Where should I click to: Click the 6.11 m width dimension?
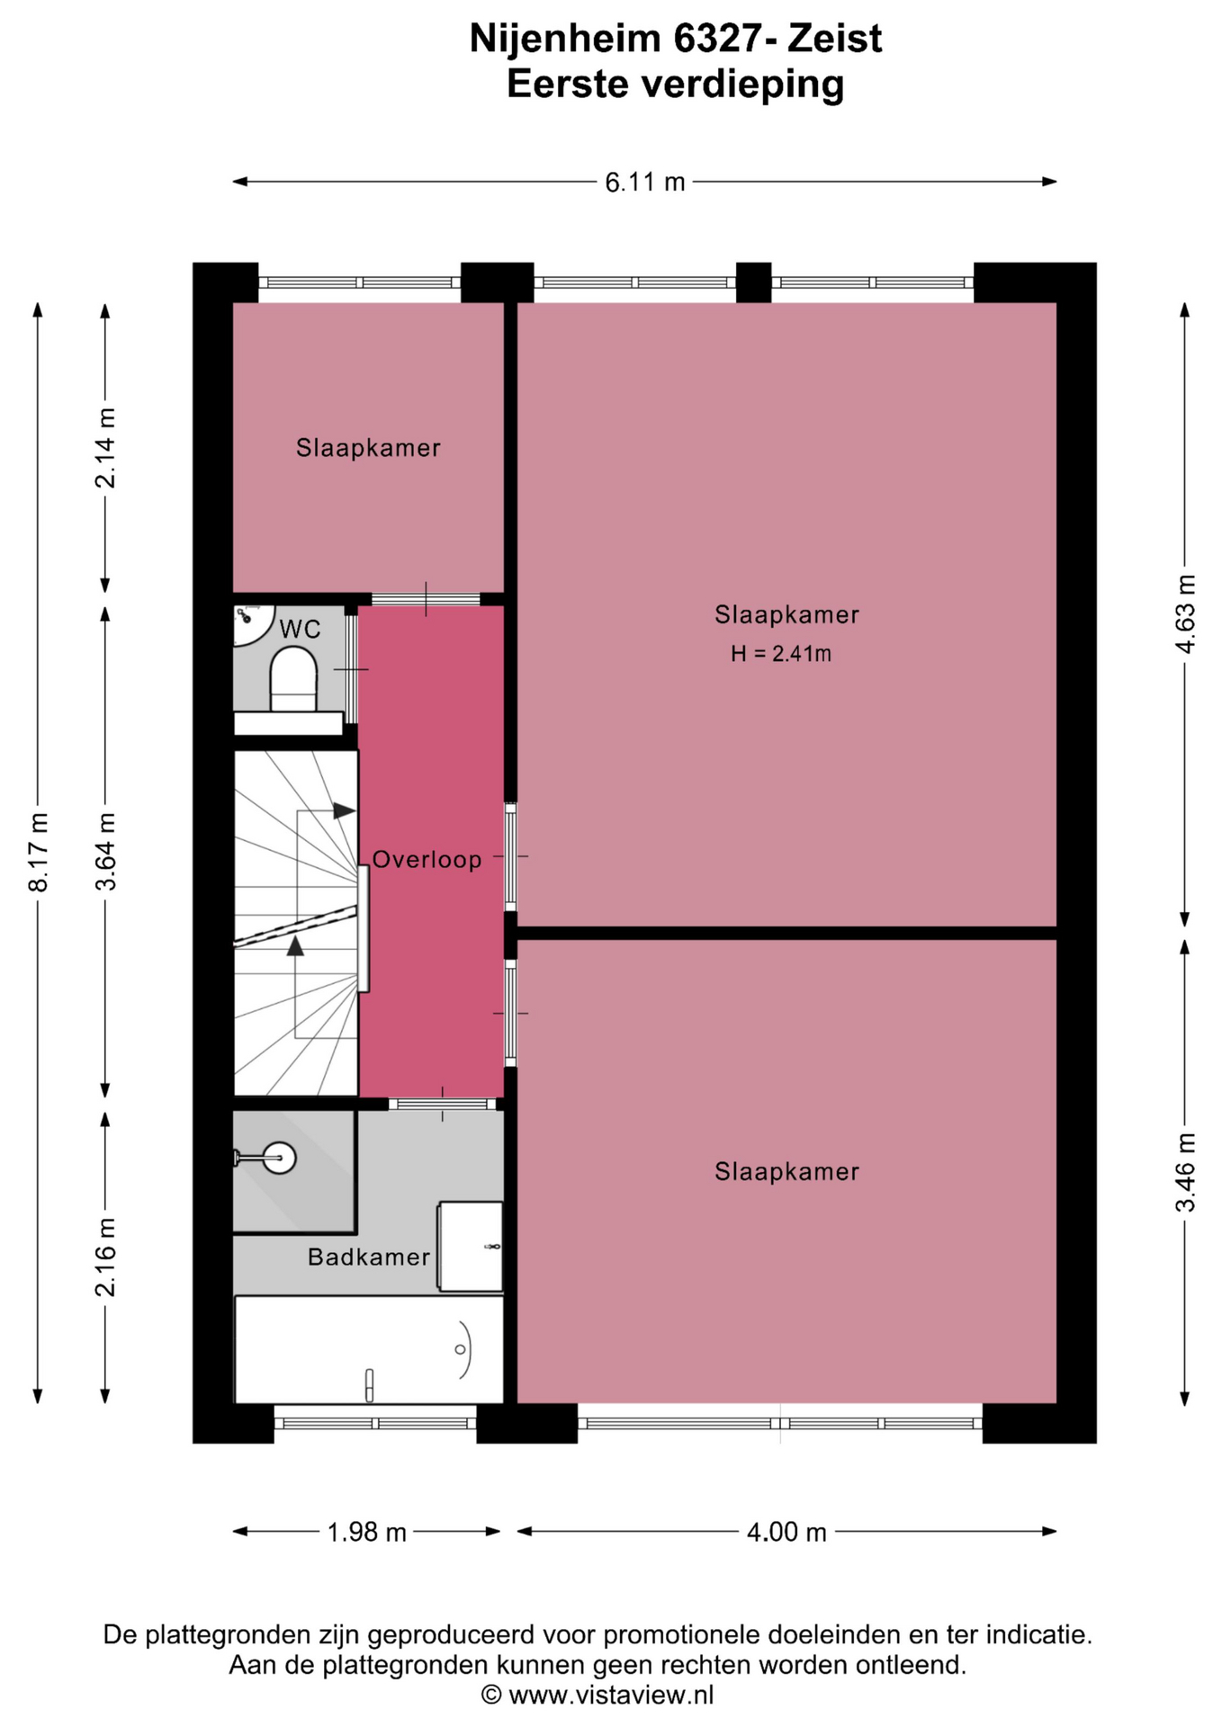point(644,183)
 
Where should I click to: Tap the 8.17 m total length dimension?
point(38,852)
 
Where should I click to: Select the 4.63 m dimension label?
point(1186,613)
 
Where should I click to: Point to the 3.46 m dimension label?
point(1186,1172)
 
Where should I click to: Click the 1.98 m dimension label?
point(366,1532)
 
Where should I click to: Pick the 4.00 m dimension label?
point(786,1532)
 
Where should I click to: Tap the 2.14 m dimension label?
point(105,448)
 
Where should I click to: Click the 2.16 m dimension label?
point(105,1257)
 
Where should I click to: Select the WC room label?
point(300,630)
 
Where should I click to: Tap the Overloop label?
point(427,860)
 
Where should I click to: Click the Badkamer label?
point(369,1257)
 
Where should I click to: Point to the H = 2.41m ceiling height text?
point(781,654)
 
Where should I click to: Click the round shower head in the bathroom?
point(280,1158)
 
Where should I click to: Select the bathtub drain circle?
point(460,1349)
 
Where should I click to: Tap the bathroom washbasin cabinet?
point(470,1246)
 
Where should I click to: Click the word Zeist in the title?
point(834,39)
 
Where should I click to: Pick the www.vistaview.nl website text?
point(611,1696)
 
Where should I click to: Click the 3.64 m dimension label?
point(105,852)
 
